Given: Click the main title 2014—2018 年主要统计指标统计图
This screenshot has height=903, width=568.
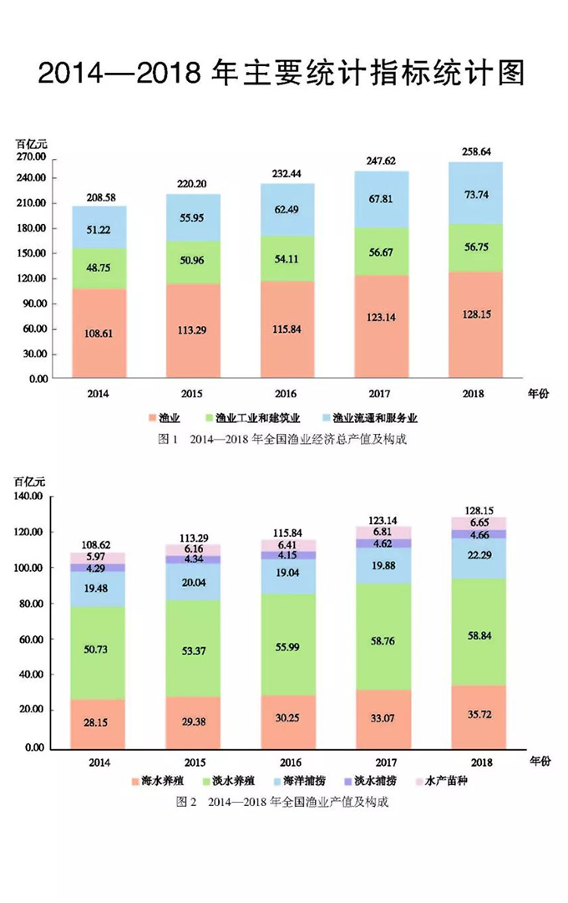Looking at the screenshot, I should tap(281, 74).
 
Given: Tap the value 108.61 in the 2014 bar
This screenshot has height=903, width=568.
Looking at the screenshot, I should tap(99, 333).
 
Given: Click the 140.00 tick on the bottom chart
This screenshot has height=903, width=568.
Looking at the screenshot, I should tap(28, 497).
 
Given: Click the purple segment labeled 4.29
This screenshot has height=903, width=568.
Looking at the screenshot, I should tap(99, 568).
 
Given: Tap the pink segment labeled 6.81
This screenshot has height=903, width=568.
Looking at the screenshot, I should tap(383, 532).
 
